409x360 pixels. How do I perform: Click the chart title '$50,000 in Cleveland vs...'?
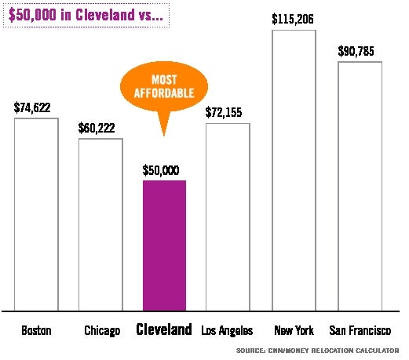[x=87, y=15]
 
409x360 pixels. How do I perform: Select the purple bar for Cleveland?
[x=164, y=245]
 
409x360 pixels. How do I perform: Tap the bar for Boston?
[x=36, y=214]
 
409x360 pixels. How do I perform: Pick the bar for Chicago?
[x=100, y=224]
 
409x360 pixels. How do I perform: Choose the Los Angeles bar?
[x=228, y=216]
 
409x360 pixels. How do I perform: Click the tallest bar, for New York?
[x=294, y=170]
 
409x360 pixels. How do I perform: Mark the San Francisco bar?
[x=360, y=186]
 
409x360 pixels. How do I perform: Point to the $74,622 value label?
[x=36, y=108]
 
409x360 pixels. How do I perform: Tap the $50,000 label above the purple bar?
[x=164, y=170]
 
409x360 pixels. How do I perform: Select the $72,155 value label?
[x=228, y=112]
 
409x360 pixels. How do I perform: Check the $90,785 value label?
[x=360, y=51]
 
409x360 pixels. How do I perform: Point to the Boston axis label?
[x=36, y=330]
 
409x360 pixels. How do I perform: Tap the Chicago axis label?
[x=102, y=330]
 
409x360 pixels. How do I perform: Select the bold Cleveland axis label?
[x=164, y=329]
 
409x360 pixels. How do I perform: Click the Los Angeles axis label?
[x=227, y=330]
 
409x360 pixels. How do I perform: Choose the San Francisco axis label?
[x=360, y=330]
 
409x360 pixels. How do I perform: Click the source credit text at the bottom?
[x=317, y=350]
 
